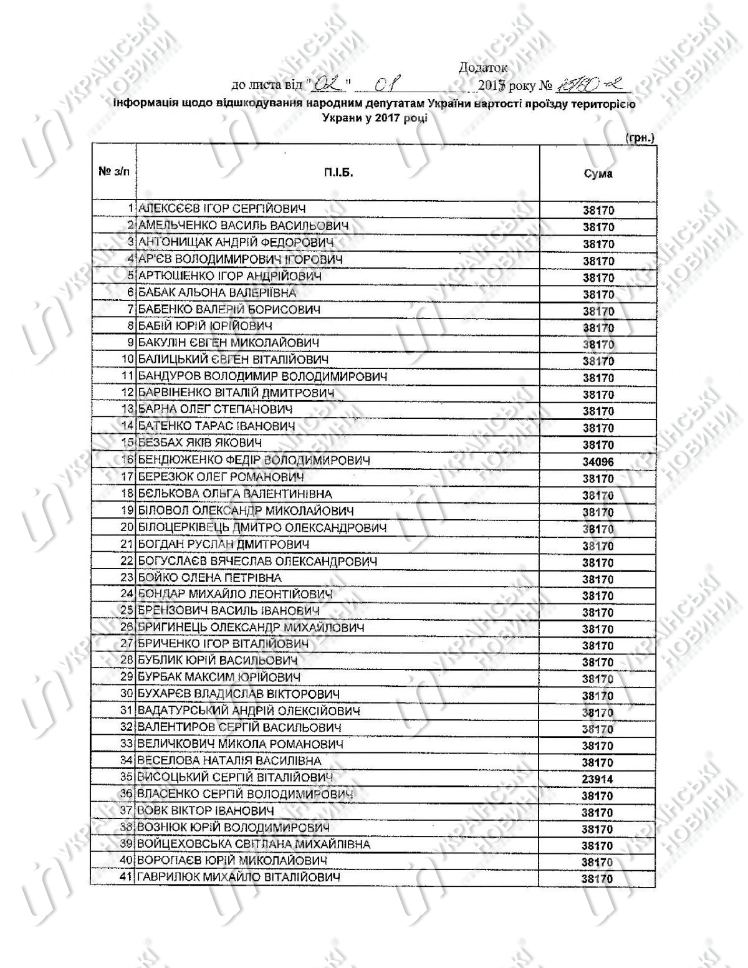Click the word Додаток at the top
(482, 67)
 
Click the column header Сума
(598, 174)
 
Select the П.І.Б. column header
(338, 173)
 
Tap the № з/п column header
(114, 171)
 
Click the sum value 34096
(598, 462)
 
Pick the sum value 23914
(598, 779)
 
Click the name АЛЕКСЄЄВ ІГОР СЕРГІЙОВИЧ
(222, 209)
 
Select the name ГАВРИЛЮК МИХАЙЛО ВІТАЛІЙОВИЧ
(239, 878)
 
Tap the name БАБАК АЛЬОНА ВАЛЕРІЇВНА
(217, 292)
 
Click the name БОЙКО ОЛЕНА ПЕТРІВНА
(209, 578)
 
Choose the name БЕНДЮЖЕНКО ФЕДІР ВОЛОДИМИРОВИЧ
(254, 461)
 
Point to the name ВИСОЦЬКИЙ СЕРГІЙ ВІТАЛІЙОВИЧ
(235, 777)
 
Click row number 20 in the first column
(127, 527)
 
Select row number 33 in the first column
(127, 744)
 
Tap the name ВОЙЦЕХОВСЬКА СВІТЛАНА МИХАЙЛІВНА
(254, 845)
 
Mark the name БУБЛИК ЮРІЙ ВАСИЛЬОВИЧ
(218, 660)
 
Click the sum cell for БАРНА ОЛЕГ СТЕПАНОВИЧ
(598, 411)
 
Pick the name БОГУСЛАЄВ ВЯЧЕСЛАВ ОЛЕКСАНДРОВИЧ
(257, 561)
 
